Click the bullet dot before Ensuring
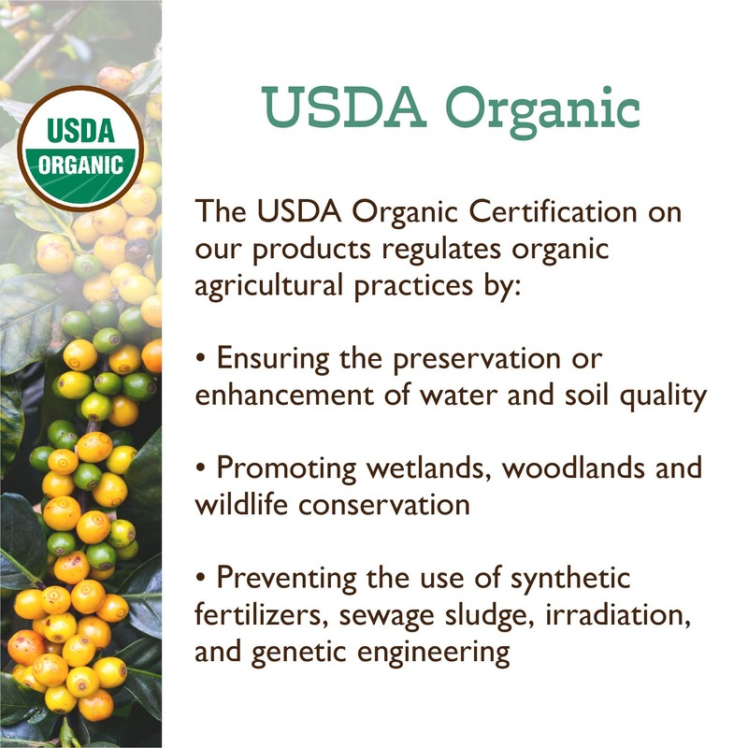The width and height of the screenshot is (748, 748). pyautogui.click(x=201, y=359)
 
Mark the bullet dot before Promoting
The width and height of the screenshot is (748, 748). pyautogui.click(x=201, y=468)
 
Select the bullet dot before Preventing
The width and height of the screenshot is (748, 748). pyautogui.click(x=201, y=578)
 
